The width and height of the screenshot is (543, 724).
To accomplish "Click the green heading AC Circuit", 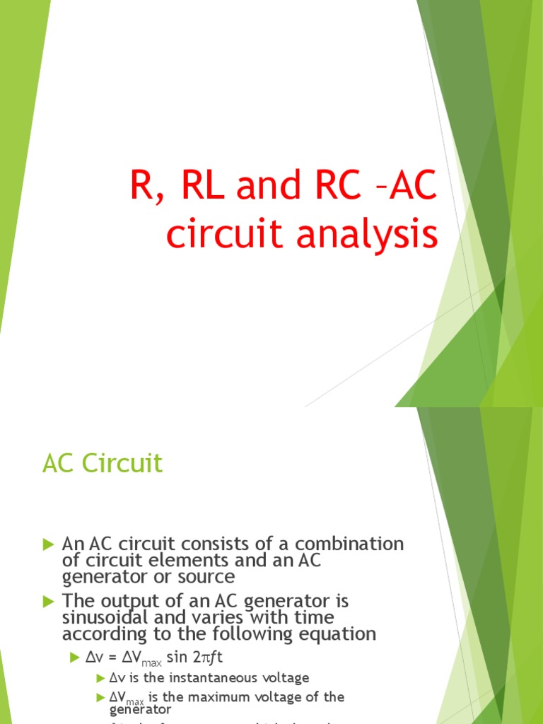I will pyautogui.click(x=103, y=464).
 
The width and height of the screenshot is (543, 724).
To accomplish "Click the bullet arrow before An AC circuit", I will pyautogui.click(x=48, y=544).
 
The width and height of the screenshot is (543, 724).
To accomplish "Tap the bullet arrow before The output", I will pyautogui.click(x=48, y=601).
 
